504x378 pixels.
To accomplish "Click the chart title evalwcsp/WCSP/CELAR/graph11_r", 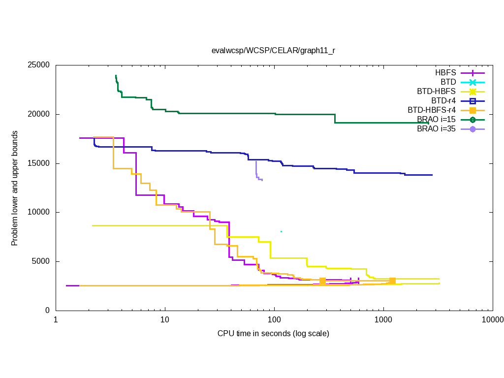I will click(x=273, y=50).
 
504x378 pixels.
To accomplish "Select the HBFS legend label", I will click(x=445, y=72).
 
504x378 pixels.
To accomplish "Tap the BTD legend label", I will click(x=448, y=82).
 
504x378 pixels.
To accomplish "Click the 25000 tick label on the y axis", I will click(x=38, y=65).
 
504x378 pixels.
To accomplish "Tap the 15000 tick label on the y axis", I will click(x=38, y=163).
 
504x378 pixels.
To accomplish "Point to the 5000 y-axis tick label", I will click(x=40, y=261).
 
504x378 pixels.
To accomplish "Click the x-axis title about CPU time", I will click(x=273, y=334).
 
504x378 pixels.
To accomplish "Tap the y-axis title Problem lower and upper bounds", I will click(x=15, y=189).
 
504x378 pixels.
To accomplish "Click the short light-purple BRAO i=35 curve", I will click(x=256, y=172).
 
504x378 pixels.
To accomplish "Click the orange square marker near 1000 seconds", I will click(x=392, y=281).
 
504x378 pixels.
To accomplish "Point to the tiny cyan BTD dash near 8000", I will click(x=281, y=231).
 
